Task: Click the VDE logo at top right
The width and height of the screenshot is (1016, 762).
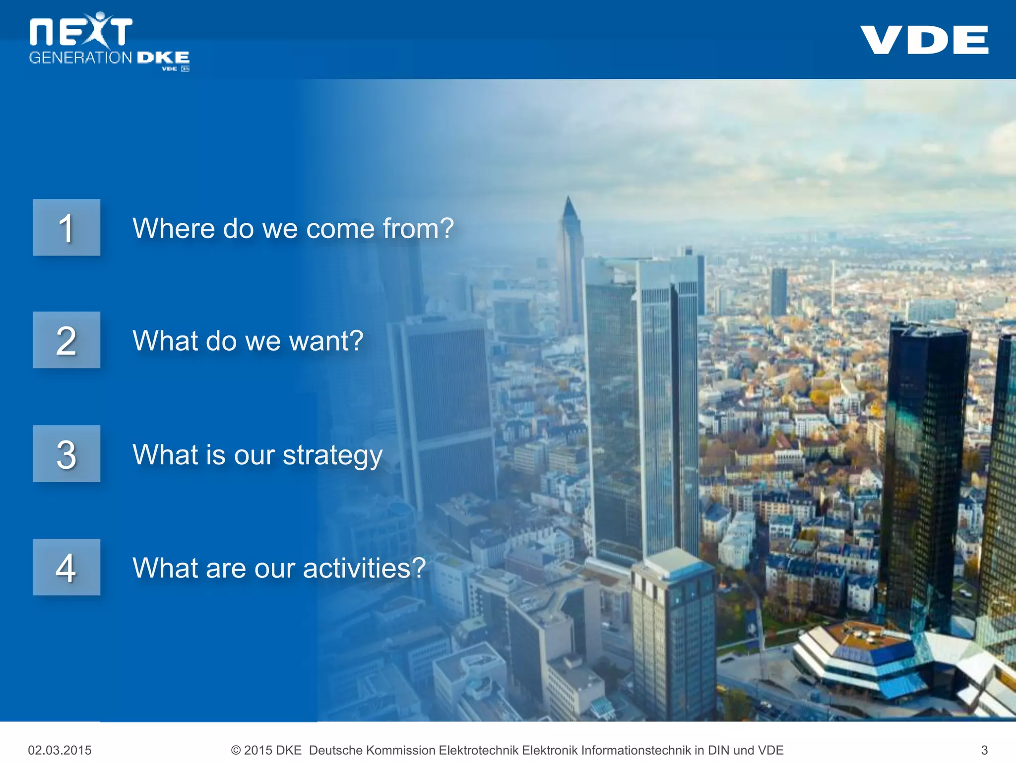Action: point(924,40)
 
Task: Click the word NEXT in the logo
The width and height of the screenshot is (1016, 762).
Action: point(81,31)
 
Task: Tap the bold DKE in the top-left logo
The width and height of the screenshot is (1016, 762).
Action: point(163,58)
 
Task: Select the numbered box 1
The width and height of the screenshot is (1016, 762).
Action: point(66,228)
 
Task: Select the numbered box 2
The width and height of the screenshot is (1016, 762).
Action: point(66,340)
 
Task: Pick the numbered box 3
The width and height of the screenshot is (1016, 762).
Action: point(66,454)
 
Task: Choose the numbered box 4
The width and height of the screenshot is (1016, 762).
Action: point(66,567)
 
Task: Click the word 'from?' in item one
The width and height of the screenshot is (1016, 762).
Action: point(418,229)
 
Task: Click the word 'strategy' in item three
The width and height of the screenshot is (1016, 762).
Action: point(332,455)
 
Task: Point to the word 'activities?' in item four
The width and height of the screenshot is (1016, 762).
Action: point(364,568)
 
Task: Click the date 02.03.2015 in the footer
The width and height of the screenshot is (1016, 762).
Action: point(60,750)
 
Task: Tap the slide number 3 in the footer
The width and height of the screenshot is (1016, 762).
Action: point(984,750)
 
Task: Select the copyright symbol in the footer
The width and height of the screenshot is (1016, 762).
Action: point(236,750)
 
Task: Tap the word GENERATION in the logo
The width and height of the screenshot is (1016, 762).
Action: point(80,58)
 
